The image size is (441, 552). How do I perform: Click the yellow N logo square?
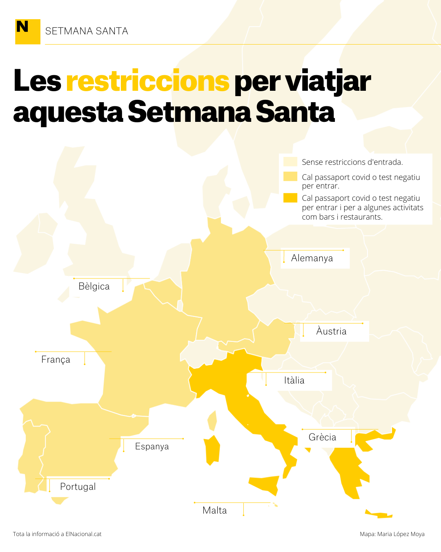coord(27,31)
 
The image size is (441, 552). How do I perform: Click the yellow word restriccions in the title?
coord(147,81)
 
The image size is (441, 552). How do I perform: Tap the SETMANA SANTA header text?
coord(87,31)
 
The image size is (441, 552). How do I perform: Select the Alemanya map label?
coord(312,258)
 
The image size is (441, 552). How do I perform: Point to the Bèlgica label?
coord(94,287)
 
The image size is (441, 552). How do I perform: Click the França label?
coord(56,360)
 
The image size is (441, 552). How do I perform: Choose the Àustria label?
coord(331,332)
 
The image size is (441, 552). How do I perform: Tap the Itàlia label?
coord(294,381)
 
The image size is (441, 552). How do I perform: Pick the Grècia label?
coord(322,438)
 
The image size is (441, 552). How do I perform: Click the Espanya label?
coord(152,447)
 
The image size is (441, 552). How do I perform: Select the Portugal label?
coord(78,487)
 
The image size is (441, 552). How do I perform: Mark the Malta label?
coord(214,511)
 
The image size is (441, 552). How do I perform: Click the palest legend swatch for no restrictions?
coord(290,162)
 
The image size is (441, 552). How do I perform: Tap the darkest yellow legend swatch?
coord(290,198)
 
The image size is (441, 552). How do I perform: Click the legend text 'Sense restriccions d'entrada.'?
coord(352,162)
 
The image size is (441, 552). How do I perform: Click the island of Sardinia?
coord(212,450)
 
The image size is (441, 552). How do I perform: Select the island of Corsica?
coord(212,420)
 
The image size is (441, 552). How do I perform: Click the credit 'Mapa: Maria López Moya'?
coord(392,534)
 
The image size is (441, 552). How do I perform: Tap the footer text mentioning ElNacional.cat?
coord(57,534)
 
